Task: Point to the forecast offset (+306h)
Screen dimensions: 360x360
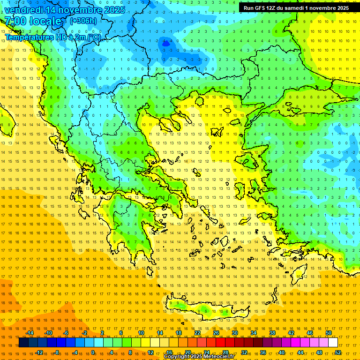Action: pos(83,21)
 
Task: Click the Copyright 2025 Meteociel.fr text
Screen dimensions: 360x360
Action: pos(199,356)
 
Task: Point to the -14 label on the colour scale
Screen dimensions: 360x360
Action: pos(29,333)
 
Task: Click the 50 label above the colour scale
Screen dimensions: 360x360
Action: pos(329,333)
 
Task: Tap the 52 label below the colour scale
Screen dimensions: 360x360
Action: pos(338,352)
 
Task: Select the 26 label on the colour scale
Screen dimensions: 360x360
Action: pos(216,333)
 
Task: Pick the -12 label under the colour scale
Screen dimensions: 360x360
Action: pos(38,352)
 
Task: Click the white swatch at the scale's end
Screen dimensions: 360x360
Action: pos(333,343)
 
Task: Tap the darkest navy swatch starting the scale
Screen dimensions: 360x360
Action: pos(23,343)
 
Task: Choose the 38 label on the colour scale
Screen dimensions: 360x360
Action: pos(272,333)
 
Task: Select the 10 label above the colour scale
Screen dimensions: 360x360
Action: pos(141,333)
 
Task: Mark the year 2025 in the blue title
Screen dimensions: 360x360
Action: pos(115,10)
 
